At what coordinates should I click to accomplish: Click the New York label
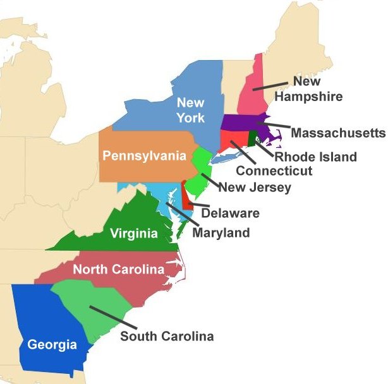190,109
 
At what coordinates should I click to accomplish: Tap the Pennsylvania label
145,156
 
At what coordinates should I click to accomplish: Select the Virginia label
133,234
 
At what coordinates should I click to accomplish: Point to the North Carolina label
118,270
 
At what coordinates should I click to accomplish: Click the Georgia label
52,345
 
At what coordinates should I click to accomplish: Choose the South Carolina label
167,336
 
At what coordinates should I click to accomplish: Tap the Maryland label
221,232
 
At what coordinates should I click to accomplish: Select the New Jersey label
255,187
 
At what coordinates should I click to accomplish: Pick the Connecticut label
274,171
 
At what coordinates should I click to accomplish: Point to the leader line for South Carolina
104,318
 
